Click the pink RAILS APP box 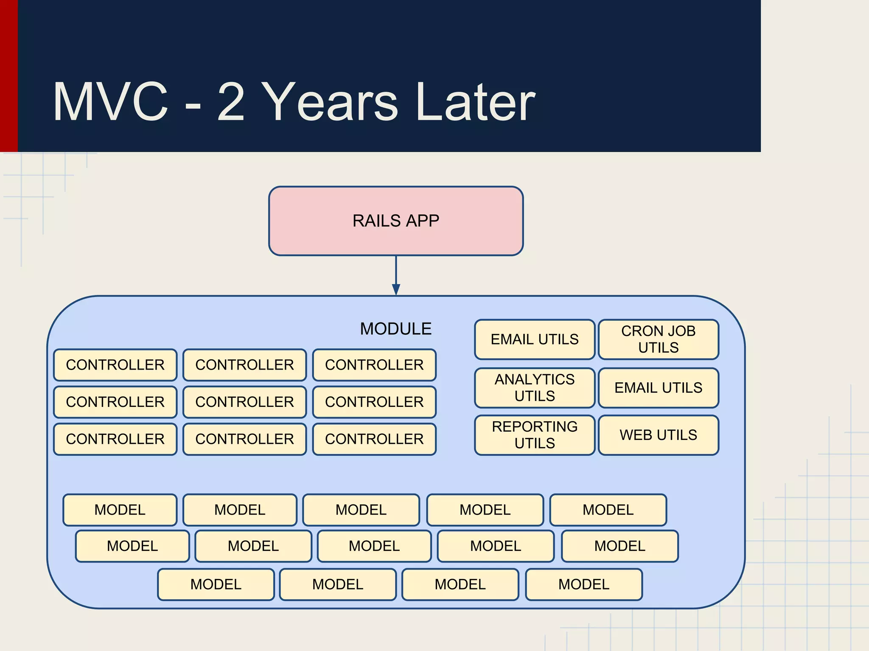[x=395, y=221]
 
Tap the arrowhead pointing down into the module [x=396, y=290]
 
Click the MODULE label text [x=395, y=329]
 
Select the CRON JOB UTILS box [x=658, y=339]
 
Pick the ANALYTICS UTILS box [x=534, y=387]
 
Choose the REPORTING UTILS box [x=534, y=435]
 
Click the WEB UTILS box [x=658, y=435]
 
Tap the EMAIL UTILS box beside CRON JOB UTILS [x=534, y=339]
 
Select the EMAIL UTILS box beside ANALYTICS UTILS [x=658, y=387]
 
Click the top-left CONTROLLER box [x=115, y=365]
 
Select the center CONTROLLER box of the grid [x=244, y=402]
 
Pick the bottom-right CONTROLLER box [x=374, y=439]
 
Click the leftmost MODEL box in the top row [x=120, y=510]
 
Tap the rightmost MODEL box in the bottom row [x=583, y=584]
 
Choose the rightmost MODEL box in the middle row [x=620, y=546]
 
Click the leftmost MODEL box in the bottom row [x=216, y=584]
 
